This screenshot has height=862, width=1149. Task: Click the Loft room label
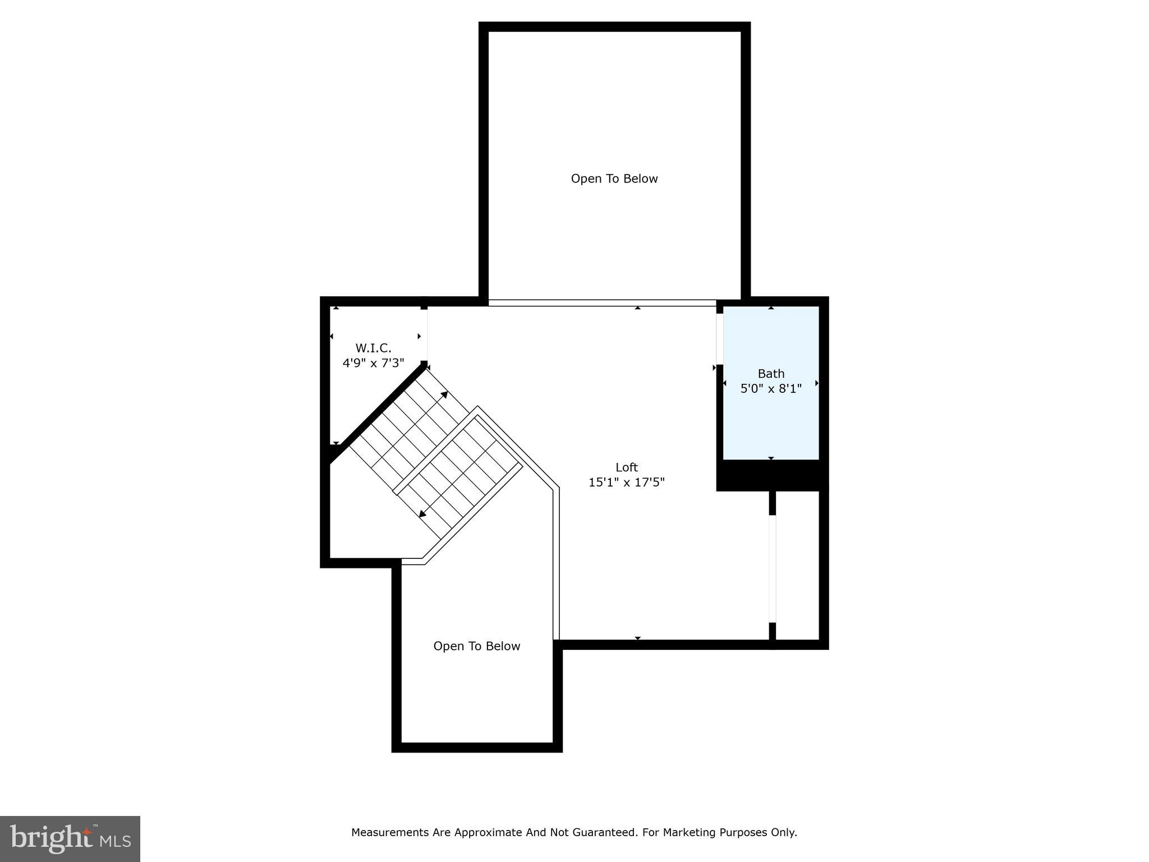pyautogui.click(x=626, y=467)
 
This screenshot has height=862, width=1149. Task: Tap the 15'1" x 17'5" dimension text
pyautogui.click(x=626, y=482)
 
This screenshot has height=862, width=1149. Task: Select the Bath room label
pyautogui.click(x=771, y=373)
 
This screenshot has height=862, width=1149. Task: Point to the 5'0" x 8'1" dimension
pyautogui.click(x=771, y=388)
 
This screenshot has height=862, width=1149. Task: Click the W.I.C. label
pyautogui.click(x=373, y=348)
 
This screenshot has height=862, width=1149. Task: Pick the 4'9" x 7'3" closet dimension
pyautogui.click(x=373, y=363)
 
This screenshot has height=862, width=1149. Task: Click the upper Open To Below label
pyautogui.click(x=614, y=178)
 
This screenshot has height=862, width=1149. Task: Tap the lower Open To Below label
pyautogui.click(x=476, y=646)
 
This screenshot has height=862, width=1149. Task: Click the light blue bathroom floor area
pyautogui.click(x=771, y=427)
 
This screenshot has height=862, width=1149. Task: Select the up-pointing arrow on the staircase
pyautogui.click(x=444, y=395)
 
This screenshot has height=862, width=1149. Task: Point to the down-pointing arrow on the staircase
pyautogui.click(x=422, y=513)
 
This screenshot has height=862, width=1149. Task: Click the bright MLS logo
pyautogui.click(x=70, y=838)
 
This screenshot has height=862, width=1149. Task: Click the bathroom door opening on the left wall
pyautogui.click(x=719, y=339)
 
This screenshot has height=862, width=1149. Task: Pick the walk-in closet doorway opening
pyautogui.click(x=425, y=335)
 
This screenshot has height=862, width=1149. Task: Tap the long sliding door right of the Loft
pyautogui.click(x=772, y=568)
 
